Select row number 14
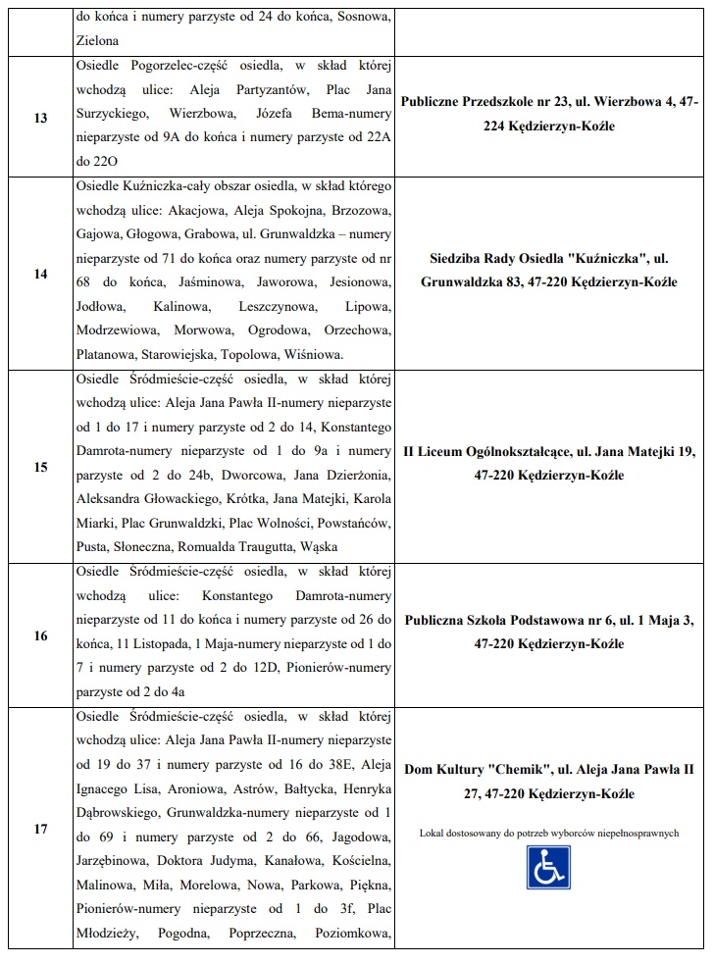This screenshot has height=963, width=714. coord(40,274)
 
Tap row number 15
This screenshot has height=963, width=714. coord(40,467)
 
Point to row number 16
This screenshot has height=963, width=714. coord(40,636)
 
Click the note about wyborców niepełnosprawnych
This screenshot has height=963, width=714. coord(549,834)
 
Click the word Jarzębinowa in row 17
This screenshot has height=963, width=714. coord(109,861)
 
